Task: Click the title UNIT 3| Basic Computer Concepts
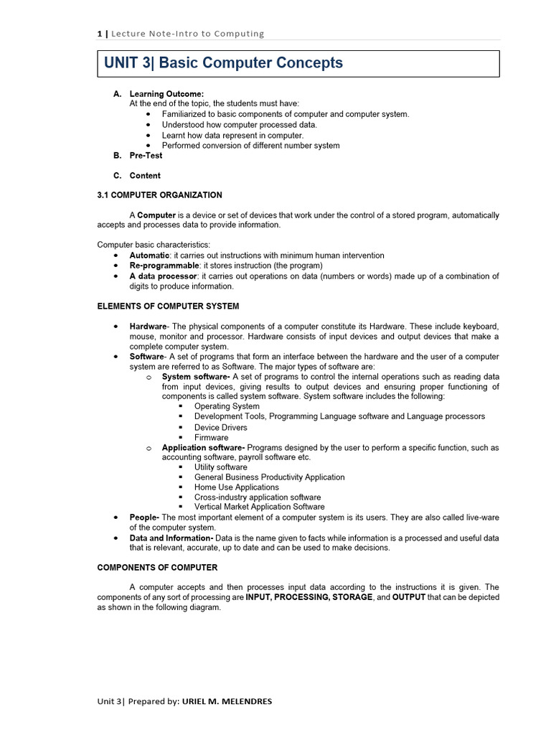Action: coord(223,63)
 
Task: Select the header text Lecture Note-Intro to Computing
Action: coord(185,34)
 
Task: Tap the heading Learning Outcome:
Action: coord(166,94)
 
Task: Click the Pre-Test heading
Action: coord(146,155)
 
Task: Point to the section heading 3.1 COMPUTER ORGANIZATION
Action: coord(159,195)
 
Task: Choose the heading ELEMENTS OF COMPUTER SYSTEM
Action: coord(168,306)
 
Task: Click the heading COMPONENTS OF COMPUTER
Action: coord(157,568)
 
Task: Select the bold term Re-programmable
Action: coord(164,266)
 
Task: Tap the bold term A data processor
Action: coord(163,276)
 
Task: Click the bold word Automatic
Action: coord(149,256)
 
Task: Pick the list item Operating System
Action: coord(227,406)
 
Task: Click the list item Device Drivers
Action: coord(220,427)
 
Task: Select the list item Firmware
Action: coord(211,437)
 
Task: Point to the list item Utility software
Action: coord(220,467)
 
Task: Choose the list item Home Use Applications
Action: coord(236,487)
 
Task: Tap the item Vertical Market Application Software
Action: coord(259,507)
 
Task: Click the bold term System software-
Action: coord(196,377)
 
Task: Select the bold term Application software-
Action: coord(203,448)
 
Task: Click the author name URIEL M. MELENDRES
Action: coord(227,701)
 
